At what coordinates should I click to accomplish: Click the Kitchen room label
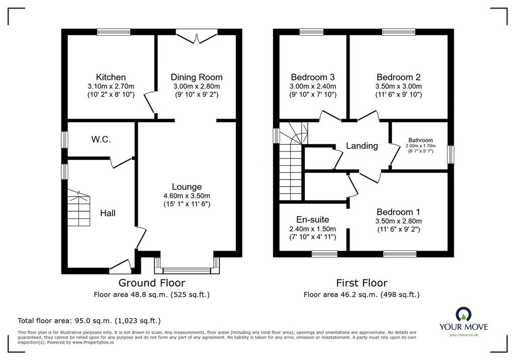click(x=111, y=77)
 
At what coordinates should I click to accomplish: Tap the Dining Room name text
click(x=197, y=77)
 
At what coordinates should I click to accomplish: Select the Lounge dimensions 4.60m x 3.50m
click(x=187, y=196)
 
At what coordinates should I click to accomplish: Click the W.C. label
click(x=101, y=139)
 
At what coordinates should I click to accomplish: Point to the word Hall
click(x=108, y=213)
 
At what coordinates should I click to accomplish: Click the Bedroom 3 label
click(x=313, y=77)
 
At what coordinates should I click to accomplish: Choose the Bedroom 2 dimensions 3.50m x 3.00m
click(x=398, y=86)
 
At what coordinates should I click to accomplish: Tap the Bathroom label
click(x=420, y=140)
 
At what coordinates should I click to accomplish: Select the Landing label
click(x=362, y=145)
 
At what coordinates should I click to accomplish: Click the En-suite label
click(x=312, y=219)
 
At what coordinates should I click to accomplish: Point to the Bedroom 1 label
click(x=398, y=212)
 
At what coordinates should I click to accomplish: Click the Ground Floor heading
click(x=152, y=283)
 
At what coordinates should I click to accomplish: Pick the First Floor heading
click(x=362, y=283)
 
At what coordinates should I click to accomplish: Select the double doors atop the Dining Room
click(x=197, y=36)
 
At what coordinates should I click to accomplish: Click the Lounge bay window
click(x=187, y=265)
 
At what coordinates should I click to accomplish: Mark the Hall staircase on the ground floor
click(x=79, y=208)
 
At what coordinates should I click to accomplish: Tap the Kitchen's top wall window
click(x=114, y=32)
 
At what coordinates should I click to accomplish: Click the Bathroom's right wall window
click(x=451, y=154)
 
